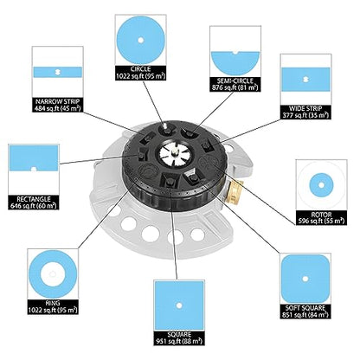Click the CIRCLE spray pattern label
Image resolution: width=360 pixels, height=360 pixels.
tap(141, 69)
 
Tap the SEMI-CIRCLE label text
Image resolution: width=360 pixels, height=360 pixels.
tap(235, 80)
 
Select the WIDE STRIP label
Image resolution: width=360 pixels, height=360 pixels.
tap(305, 109)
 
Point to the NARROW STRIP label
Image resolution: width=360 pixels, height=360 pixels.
tap(57, 101)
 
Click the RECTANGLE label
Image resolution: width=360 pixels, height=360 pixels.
tap(34, 199)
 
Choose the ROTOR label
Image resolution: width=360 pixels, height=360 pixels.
tap(321, 215)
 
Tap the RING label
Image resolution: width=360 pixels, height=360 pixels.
tap(53, 303)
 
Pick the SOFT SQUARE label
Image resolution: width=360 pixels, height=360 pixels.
tap(305, 308)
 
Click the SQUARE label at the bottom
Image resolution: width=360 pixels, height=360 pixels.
tap(179, 335)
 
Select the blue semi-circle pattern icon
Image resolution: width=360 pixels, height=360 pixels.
tap(235, 63)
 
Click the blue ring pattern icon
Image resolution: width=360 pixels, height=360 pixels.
tap(53, 274)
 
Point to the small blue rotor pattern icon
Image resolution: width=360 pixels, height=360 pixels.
tap(321, 185)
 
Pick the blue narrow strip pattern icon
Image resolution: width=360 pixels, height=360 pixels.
tap(57, 72)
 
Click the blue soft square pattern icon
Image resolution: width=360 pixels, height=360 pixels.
tap(305, 279)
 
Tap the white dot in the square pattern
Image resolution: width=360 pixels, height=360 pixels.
tap(179, 305)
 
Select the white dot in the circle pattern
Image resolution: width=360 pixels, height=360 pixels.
tap(141, 40)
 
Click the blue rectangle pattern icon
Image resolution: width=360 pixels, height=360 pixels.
tap(34, 157)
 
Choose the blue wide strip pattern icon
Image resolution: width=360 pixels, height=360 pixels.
tap(305, 80)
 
